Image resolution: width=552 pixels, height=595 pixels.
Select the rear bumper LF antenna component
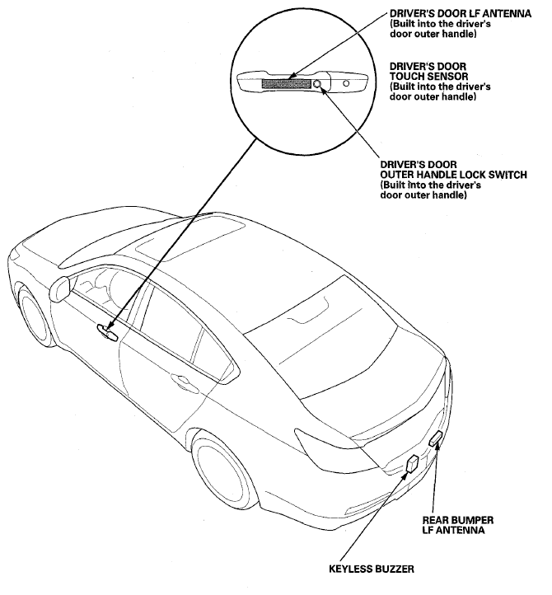pos(435,440)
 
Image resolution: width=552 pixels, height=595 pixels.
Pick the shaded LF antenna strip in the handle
pos(284,82)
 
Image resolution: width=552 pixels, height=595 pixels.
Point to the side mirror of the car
pos(60,289)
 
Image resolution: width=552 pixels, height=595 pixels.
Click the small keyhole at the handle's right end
pos(346,83)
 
